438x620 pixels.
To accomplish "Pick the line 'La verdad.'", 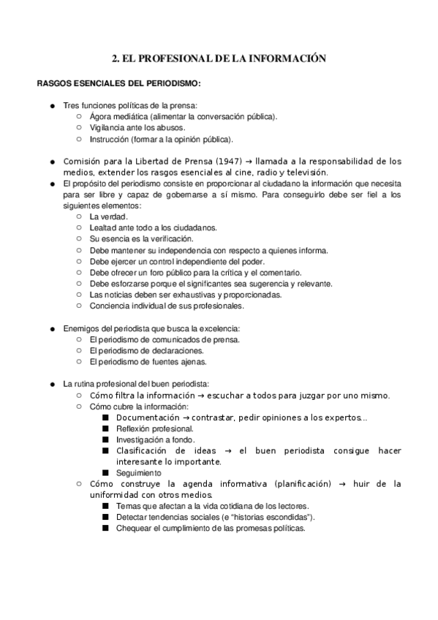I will coord(109,217).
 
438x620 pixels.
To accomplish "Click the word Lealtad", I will coord(103,228).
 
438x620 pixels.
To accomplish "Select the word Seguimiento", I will coord(139,473).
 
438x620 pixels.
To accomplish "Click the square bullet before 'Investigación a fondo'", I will coord(105,439).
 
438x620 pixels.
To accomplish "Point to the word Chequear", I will coord(134,528).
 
